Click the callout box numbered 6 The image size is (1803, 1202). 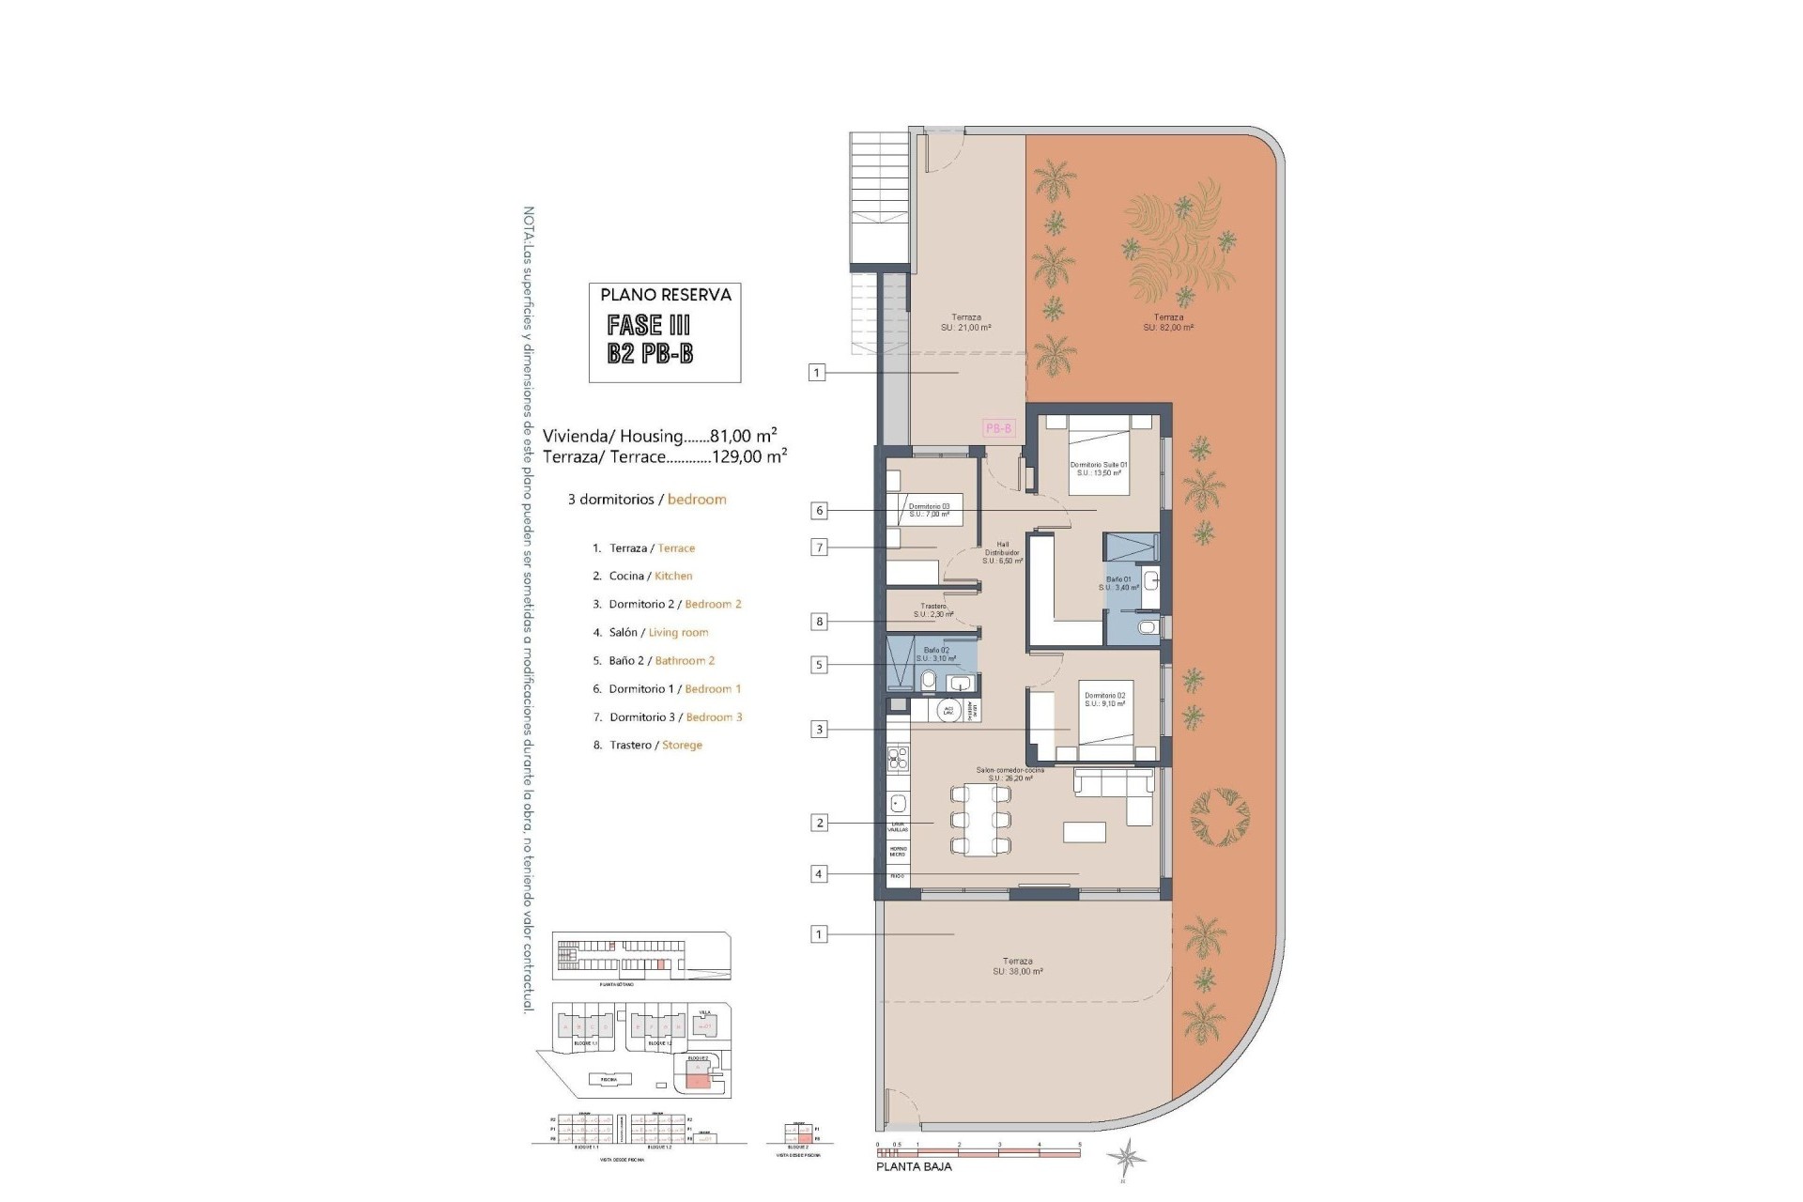click(x=820, y=511)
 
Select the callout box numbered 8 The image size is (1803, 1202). click(x=820, y=621)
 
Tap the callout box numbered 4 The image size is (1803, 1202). click(x=819, y=874)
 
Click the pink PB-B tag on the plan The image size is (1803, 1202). click(x=999, y=428)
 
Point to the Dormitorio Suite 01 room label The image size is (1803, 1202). click(x=1098, y=469)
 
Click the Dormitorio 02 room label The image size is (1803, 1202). click(x=1104, y=700)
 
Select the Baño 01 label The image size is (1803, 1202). click(x=1118, y=583)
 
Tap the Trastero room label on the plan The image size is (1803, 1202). click(x=933, y=610)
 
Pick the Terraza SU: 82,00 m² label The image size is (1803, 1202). click(x=1168, y=322)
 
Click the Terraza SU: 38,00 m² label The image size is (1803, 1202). click(x=1017, y=966)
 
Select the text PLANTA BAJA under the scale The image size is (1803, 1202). click(x=914, y=1166)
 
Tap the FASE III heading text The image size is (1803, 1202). click(x=649, y=325)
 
